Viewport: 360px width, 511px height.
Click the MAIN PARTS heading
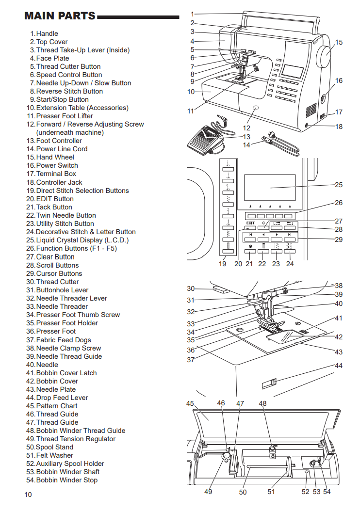(x=60, y=16)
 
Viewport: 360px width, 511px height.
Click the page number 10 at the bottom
(x=28, y=495)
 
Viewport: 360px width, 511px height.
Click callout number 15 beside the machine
(x=339, y=42)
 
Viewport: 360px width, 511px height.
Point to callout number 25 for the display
(x=339, y=185)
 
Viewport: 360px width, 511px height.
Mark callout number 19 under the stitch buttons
(x=223, y=264)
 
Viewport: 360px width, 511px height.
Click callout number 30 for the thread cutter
(x=191, y=288)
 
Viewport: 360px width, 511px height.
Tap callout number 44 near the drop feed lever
(x=339, y=366)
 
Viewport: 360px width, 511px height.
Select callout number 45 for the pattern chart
(x=190, y=403)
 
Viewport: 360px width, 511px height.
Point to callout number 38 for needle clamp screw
(x=339, y=286)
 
